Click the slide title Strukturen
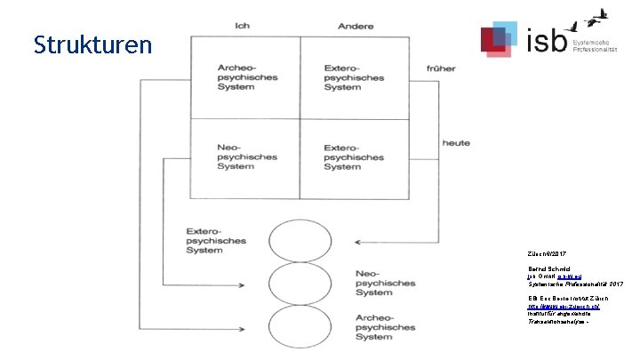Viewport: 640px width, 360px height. coord(93,44)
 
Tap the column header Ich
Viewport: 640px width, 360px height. coord(242,26)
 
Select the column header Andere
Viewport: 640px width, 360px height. coord(356,26)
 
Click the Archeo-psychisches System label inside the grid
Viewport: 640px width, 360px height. coord(248,77)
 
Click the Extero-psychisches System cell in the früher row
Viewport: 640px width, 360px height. coord(355,77)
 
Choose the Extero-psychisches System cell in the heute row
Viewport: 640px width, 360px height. coord(355,156)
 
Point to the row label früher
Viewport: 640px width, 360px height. coord(442,68)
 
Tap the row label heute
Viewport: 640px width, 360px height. coord(456,142)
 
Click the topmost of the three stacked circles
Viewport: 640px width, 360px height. coord(299,239)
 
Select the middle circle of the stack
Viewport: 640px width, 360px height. coord(299,283)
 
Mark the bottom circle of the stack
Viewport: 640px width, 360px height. coord(299,326)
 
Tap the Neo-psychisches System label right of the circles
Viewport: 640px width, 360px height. coord(385,283)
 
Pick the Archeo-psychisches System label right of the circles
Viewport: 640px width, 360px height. coord(385,326)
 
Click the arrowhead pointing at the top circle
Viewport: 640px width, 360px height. coord(357,240)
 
